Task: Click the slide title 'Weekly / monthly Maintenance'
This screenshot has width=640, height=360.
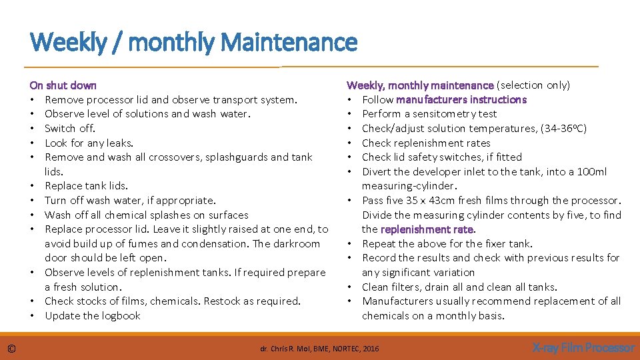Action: pyautogui.click(x=193, y=43)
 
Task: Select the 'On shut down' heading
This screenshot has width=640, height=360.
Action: pyautogui.click(x=63, y=85)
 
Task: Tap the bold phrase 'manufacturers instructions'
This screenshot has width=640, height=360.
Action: pyautogui.click(x=461, y=100)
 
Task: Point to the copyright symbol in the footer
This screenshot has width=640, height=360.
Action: pyautogui.click(x=11, y=348)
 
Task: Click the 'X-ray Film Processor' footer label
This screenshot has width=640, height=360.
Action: pyautogui.click(x=583, y=347)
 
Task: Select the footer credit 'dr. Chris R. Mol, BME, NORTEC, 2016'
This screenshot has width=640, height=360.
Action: pyautogui.click(x=319, y=348)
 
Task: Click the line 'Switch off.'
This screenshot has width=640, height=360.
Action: pyautogui.click(x=70, y=129)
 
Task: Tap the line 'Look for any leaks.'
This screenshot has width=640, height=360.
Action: pyautogui.click(x=89, y=143)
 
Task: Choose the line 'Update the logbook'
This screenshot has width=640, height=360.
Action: pyautogui.click(x=93, y=316)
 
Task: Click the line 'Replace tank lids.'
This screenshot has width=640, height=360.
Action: pyautogui.click(x=86, y=186)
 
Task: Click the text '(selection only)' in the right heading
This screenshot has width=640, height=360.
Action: pyautogui.click(x=533, y=85)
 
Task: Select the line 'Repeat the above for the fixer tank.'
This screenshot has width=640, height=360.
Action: pyautogui.click(x=447, y=244)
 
